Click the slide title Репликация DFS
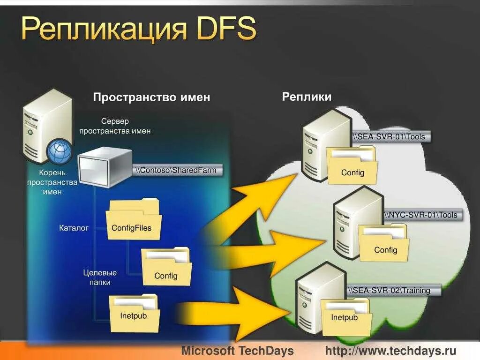[139, 29]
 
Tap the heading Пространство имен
[151, 97]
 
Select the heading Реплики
[307, 97]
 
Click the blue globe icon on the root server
[60, 151]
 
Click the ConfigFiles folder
[133, 223]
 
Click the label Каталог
[74, 228]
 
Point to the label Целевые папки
[100, 277]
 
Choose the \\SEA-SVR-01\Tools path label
[390, 137]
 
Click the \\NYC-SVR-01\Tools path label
[421, 215]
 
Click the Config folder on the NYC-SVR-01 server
[384, 246]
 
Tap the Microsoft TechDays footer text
[237, 351]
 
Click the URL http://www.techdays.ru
[390, 351]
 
